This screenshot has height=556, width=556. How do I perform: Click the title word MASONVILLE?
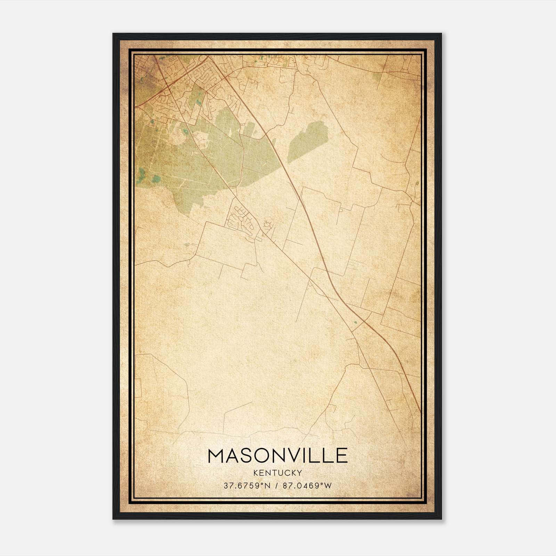[277, 456]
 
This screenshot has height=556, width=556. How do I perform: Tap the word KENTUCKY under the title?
[278, 473]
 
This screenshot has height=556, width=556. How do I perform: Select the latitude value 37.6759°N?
[246, 485]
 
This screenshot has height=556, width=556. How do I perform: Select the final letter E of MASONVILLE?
[342, 456]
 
